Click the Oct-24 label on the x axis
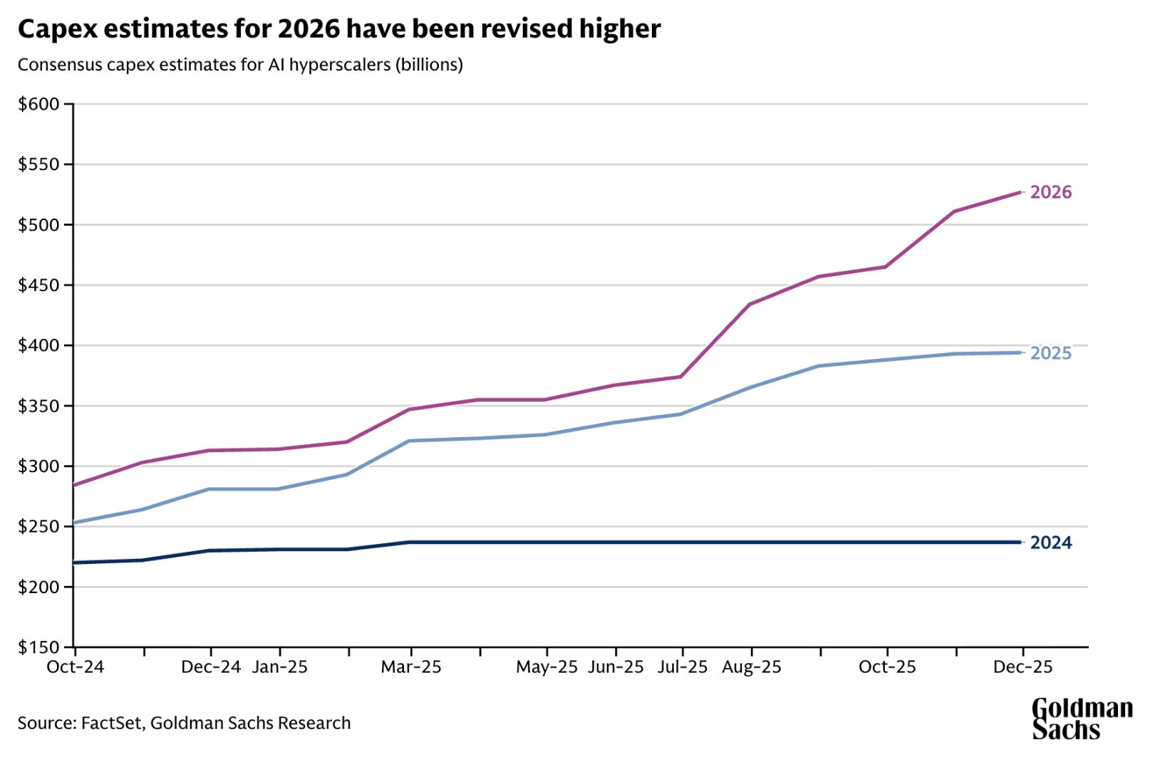tap(75, 667)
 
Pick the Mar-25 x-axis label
tap(411, 667)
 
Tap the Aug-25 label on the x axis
tap(752, 667)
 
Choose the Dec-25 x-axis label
tap(1023, 667)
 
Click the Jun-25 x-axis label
tap(616, 667)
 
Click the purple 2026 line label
tap(1051, 192)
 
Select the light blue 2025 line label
tap(1051, 353)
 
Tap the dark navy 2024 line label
tap(1051, 543)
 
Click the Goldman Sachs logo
tap(1082, 718)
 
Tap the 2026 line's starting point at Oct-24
tap(75, 485)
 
